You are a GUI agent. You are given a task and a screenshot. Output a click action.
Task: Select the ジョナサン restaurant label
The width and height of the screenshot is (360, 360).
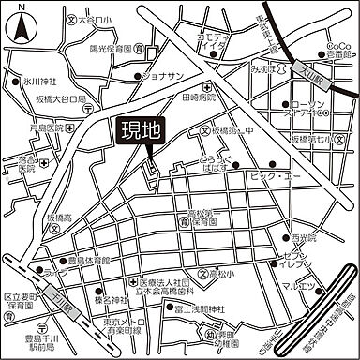pyautogui.click(x=168, y=78)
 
